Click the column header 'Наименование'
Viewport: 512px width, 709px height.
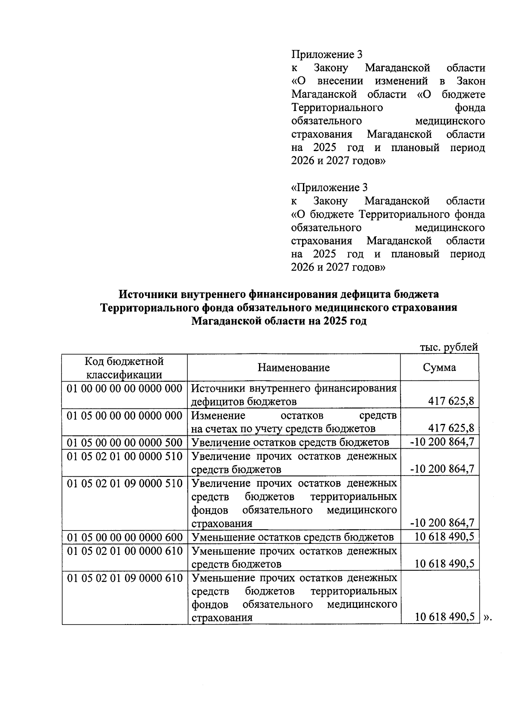[294, 368]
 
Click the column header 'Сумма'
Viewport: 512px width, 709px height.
[439, 368]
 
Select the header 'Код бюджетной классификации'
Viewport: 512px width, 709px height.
[124, 368]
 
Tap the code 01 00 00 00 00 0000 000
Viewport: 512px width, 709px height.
[125, 388]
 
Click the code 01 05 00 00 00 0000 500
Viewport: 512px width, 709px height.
[125, 442]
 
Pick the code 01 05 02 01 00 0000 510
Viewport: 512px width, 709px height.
[125, 456]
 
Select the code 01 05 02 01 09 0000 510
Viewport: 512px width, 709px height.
[125, 483]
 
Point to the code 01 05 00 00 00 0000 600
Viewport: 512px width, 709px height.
[125, 537]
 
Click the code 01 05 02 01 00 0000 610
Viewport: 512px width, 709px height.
[125, 551]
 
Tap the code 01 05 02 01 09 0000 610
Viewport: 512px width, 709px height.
[125, 578]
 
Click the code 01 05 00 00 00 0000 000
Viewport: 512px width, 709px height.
[125, 415]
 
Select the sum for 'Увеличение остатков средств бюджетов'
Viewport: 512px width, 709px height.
[442, 442]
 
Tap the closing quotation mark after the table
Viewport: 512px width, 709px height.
[488, 617]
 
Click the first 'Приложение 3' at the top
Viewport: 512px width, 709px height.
[326, 54]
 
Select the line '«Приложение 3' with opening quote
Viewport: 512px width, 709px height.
[329, 187]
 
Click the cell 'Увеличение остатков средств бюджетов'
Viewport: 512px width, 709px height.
[290, 442]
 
